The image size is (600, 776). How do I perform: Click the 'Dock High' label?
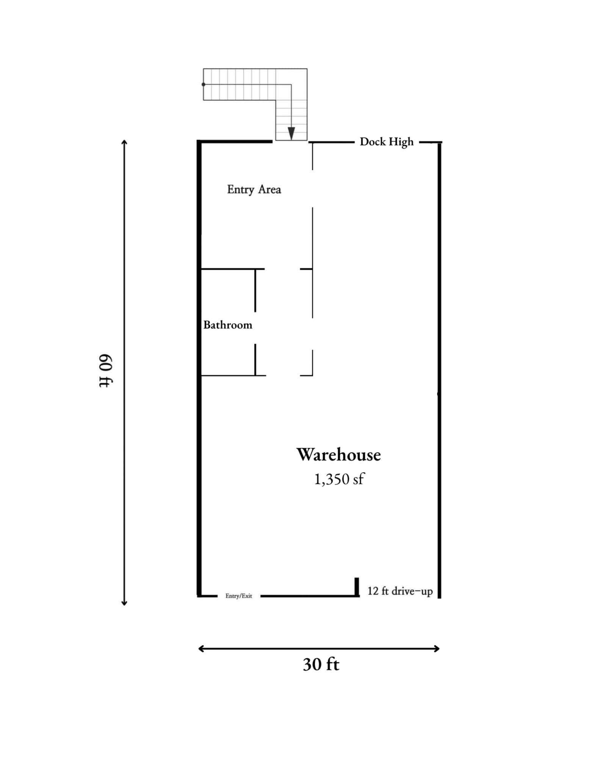click(386, 142)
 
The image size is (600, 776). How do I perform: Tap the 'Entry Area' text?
click(254, 189)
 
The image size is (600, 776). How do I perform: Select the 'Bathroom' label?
click(227, 325)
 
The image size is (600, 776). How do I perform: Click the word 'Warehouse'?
click(338, 454)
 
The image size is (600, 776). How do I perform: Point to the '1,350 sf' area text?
click(338, 479)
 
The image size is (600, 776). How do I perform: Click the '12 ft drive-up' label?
click(400, 591)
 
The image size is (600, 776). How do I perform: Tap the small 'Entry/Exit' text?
click(238, 596)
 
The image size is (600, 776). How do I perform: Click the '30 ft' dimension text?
click(321, 664)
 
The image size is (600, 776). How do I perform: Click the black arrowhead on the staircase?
click(291, 133)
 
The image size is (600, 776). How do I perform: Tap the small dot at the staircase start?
click(204, 84)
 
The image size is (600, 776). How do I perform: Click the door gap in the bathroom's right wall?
click(255, 328)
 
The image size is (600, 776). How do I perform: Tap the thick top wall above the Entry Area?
click(235, 142)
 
